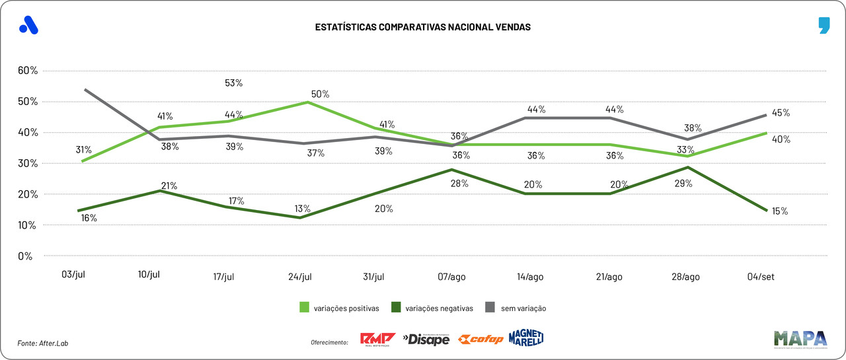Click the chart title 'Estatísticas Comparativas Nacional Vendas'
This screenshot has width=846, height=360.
click(x=422, y=27)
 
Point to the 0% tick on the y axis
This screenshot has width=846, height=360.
click(x=24, y=256)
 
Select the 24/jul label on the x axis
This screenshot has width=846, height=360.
click(x=299, y=277)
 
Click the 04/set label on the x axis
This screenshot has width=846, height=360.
click(x=761, y=277)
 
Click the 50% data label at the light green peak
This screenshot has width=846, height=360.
click(x=320, y=94)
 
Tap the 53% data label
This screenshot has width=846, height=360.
click(x=234, y=83)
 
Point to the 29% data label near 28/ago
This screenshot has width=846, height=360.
click(x=683, y=184)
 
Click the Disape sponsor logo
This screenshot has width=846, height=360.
click(x=426, y=340)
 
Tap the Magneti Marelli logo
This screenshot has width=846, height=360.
click(x=525, y=338)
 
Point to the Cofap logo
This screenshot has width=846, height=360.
click(x=481, y=340)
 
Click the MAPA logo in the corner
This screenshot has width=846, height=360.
click(x=800, y=338)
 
